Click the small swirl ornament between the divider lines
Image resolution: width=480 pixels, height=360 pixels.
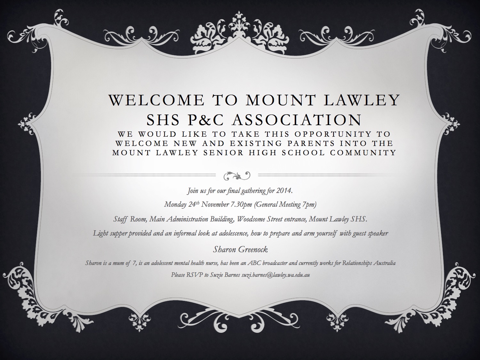(237, 175)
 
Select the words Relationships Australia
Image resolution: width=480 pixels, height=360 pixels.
(369, 263)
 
